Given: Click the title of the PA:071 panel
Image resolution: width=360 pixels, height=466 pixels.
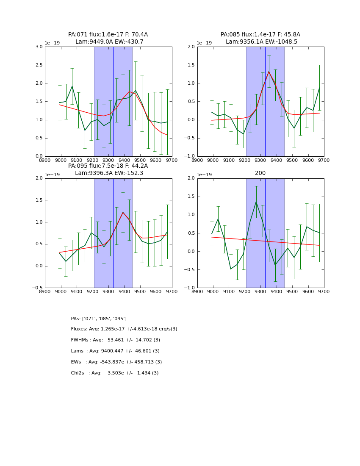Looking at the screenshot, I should pyautogui.click(x=108, y=38).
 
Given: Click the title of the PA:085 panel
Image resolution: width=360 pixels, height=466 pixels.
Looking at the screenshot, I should pyautogui.click(x=260, y=38).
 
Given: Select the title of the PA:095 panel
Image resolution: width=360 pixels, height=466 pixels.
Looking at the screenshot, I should pyautogui.click(x=108, y=169).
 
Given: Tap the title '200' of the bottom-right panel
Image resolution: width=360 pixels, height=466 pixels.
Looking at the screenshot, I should pyautogui.click(x=260, y=173).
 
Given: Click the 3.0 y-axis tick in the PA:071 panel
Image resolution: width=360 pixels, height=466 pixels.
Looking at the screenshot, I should pyautogui.click(x=39, y=47).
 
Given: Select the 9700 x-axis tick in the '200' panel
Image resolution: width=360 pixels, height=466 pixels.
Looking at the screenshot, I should pyautogui.click(x=324, y=291).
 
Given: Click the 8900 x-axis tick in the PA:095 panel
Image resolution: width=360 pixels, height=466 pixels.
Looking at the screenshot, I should pyautogui.click(x=45, y=291).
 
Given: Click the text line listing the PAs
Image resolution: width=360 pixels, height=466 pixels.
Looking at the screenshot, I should pyautogui.click(x=99, y=319).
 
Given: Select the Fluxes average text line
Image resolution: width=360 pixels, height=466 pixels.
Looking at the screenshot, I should pyautogui.click(x=124, y=329).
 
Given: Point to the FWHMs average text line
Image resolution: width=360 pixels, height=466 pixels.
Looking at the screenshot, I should pyautogui.click(x=116, y=340).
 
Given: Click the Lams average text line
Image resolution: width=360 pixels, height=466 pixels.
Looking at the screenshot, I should pyautogui.click(x=115, y=351).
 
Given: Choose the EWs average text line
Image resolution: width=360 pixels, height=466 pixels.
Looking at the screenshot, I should pyautogui.click(x=116, y=362).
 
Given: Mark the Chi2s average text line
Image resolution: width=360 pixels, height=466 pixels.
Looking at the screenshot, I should pyautogui.click(x=115, y=373).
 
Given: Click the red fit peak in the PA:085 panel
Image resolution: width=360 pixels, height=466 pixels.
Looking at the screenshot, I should pyautogui.click(x=269, y=71).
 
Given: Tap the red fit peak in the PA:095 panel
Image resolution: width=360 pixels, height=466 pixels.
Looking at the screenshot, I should pyautogui.click(x=123, y=212).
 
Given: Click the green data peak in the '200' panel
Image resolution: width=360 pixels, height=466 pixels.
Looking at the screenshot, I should pyautogui.click(x=256, y=201).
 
